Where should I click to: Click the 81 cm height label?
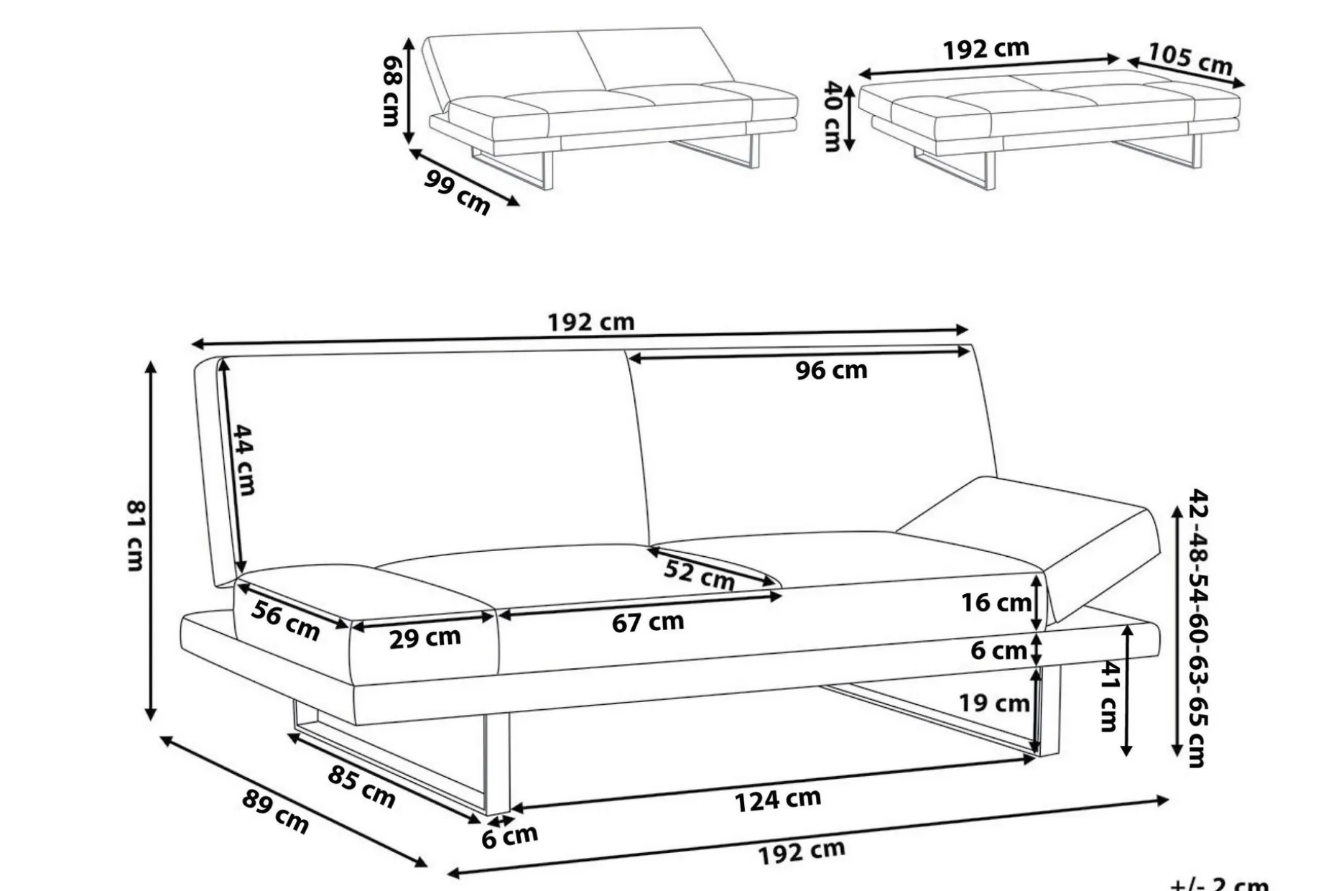135,535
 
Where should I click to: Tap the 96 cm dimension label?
831,371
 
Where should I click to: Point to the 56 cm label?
286,621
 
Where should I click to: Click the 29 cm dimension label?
425,637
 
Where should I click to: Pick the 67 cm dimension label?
648,622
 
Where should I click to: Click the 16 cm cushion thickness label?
996,602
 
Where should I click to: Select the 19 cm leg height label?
995,702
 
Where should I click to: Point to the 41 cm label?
1110,696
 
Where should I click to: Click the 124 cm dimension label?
778,800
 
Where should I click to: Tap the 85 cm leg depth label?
361,786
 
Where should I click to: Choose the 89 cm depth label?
275,812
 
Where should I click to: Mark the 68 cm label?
391,91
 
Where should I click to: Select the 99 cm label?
457,192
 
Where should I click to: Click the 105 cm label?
1190,59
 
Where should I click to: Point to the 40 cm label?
832,116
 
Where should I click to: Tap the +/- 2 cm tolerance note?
1220,884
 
